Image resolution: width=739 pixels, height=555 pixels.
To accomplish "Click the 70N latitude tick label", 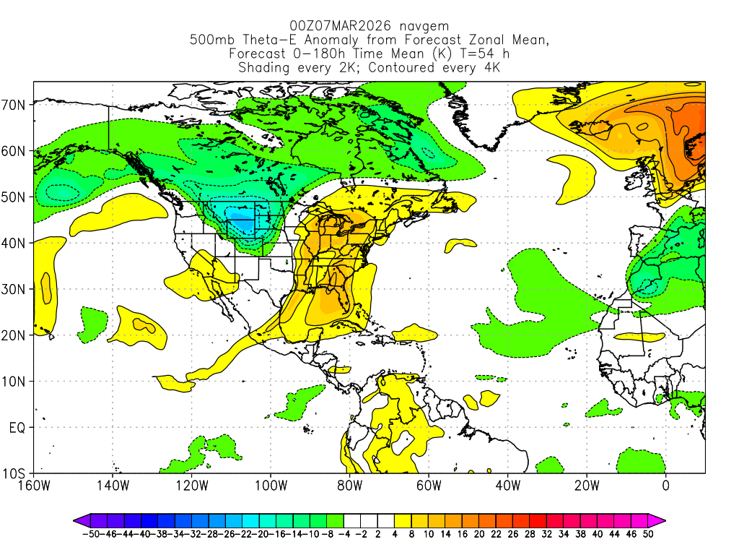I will tap(16, 105).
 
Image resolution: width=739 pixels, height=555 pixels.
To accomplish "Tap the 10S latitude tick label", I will tap(16, 474).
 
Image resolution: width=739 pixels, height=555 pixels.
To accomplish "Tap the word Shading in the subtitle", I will tap(266, 68).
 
